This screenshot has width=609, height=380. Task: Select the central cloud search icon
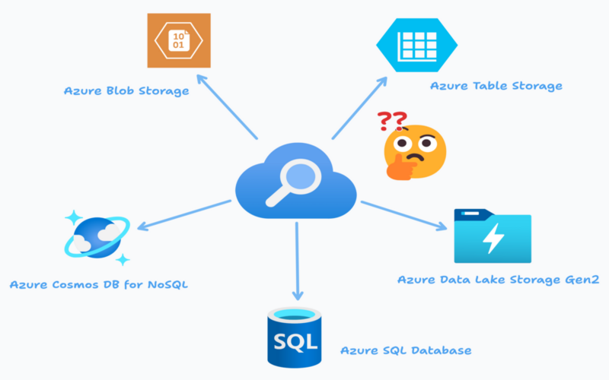pos(297,187)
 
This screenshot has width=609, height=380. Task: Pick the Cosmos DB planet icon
pos(97,236)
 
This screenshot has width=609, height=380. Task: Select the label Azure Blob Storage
pos(126,91)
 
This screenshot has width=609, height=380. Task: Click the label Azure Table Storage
pos(496,86)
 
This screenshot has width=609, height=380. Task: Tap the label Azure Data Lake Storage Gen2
pos(498,280)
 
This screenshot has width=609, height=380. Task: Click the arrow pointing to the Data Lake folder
pos(403,214)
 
